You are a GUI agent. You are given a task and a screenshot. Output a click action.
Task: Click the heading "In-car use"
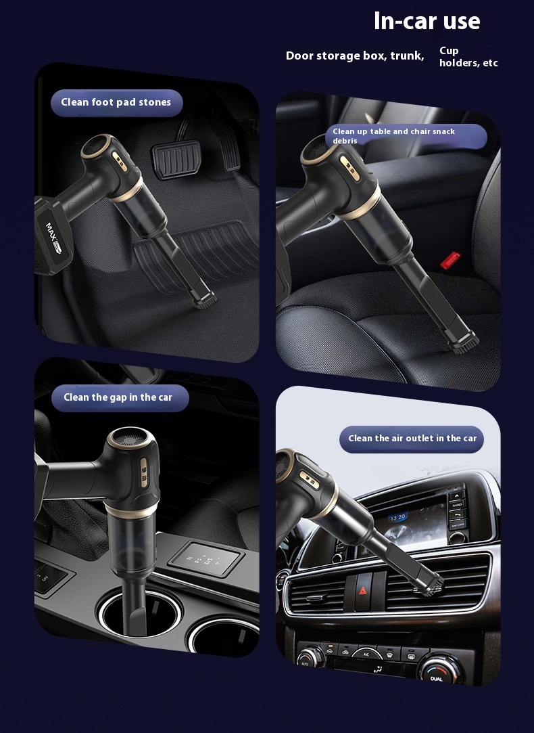coord(427,21)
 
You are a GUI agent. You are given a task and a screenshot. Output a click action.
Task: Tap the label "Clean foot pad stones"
coord(116,102)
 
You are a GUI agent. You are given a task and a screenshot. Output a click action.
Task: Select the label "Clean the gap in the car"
coord(118,397)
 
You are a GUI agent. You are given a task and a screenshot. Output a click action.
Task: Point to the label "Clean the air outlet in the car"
coord(412,439)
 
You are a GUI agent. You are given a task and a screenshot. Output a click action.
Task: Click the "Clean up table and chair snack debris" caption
coord(393,136)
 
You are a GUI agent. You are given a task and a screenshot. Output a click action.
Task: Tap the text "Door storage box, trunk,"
coord(355,56)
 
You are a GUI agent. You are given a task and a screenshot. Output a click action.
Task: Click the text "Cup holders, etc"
coord(468,57)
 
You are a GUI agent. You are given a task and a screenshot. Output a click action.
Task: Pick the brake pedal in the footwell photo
coord(176,159)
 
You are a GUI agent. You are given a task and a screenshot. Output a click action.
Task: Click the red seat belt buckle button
coord(450,260)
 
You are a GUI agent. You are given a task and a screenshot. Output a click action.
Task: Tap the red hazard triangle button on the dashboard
coord(363,592)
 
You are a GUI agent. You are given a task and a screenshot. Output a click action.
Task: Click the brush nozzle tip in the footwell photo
coord(205,300)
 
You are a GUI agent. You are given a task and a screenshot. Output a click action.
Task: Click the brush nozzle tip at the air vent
coord(432,585)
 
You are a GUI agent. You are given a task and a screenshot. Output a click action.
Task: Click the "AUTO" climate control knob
coord(308,657)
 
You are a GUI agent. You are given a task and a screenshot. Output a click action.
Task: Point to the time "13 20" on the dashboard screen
coord(397,518)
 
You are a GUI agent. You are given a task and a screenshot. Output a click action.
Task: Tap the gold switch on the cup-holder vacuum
coord(144,473)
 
